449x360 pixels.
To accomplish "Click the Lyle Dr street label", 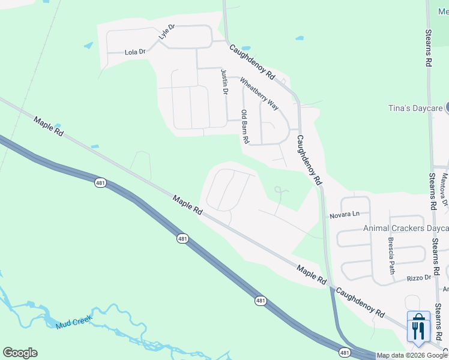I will pos(166,32).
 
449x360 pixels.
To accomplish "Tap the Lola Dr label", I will pos(135,52).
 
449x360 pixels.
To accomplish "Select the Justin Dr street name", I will pos(224,82).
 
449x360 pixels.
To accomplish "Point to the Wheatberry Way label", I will pos(259,94).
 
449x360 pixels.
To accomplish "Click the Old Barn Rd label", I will pos(244,126).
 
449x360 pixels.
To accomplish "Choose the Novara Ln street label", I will pos(344,214).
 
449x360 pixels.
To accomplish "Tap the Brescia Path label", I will pos(391,255).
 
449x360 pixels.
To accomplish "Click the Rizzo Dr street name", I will pos(419,277).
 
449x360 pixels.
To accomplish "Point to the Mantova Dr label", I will pos(445,189).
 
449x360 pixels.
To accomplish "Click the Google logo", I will pos(20,353).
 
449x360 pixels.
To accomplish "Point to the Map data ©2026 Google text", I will pos(412,355).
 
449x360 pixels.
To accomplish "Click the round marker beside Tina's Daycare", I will pos(447,109).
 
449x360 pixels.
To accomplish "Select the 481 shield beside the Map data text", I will pos(344,352).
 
